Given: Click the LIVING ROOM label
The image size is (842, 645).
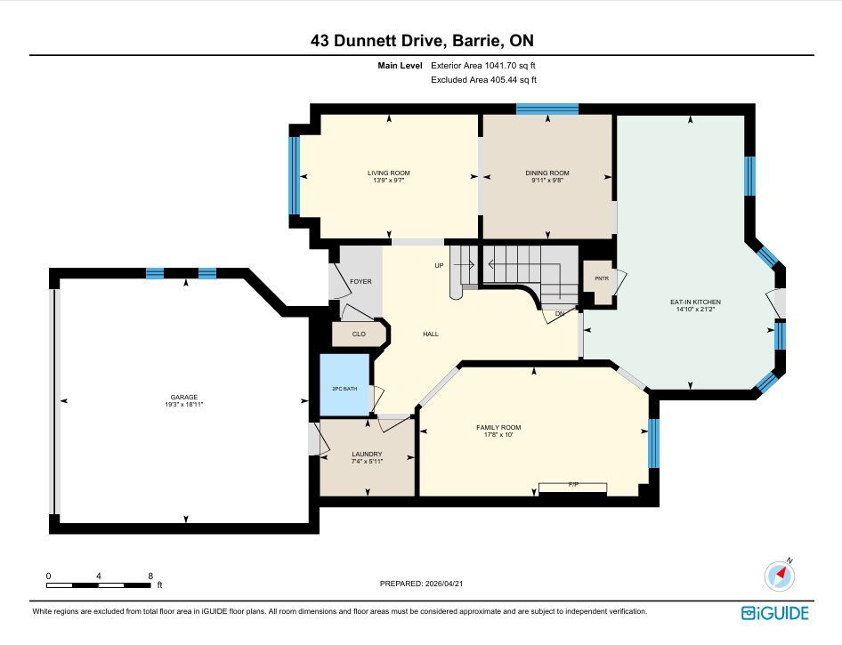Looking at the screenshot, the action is click(389, 173).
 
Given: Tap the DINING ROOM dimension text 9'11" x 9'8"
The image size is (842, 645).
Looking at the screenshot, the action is click(547, 181).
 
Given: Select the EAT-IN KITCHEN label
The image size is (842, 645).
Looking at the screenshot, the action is click(695, 302).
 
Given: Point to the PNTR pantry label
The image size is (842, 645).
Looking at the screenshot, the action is click(602, 278).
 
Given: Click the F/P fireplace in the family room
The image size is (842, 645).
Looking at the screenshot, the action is click(573, 487).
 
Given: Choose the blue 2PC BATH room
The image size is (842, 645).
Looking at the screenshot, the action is click(344, 384).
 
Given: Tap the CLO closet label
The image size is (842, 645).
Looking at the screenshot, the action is click(359, 334).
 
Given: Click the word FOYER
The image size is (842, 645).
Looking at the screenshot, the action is click(360, 281).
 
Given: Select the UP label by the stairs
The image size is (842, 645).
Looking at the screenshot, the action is click(440, 266).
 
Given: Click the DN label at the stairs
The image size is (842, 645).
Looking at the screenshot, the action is click(560, 313).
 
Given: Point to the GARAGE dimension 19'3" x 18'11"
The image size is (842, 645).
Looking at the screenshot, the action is click(184, 405).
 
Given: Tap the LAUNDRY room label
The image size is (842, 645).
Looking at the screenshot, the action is click(367, 454).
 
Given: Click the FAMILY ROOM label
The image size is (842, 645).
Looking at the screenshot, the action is click(498, 427).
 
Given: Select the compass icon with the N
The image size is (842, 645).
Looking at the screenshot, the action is click(779, 576).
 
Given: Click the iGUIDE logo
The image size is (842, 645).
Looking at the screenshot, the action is click(775, 613).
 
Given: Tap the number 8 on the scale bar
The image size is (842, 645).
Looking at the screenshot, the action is click(150, 576).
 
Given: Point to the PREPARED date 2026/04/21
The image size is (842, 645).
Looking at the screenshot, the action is click(443, 584).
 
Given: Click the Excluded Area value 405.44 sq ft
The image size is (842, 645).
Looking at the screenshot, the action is click(514, 80).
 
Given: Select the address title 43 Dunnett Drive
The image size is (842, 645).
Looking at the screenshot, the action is click(376, 41).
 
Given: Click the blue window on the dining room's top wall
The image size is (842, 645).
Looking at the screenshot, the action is click(547, 109).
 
